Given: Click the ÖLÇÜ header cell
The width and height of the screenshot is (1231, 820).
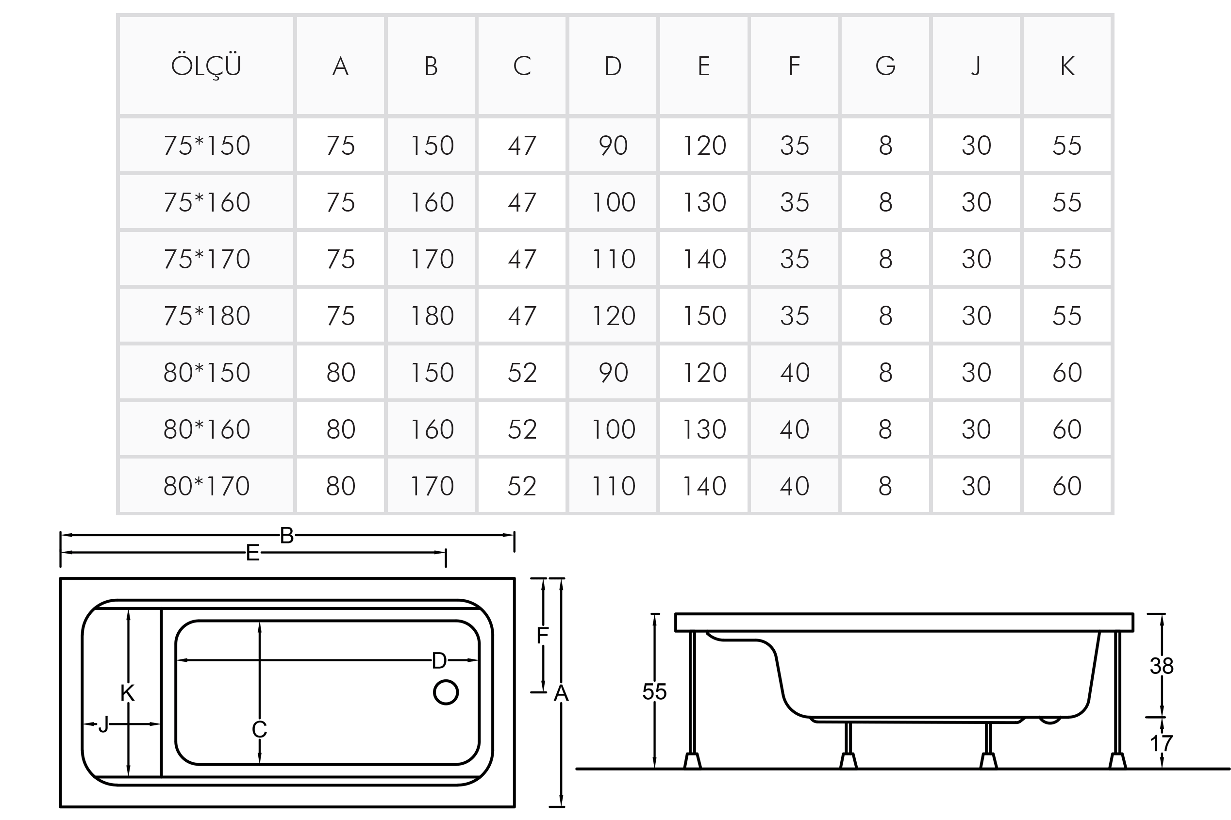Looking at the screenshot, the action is tap(206, 66).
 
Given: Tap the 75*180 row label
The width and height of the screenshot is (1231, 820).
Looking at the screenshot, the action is tap(207, 316).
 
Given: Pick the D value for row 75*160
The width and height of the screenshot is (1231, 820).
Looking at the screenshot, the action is tap(613, 202).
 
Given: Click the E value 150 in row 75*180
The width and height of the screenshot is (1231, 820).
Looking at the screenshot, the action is tap(704, 316).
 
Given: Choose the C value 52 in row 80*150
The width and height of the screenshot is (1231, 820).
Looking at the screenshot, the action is tap(522, 373).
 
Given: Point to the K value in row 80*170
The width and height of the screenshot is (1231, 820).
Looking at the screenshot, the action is tap(1067, 486).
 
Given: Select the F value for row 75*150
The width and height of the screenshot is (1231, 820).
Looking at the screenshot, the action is tap(794, 146).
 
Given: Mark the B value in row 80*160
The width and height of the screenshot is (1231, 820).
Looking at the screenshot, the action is tap(432, 429).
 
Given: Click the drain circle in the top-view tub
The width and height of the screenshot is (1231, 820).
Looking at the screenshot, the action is tap(446, 692).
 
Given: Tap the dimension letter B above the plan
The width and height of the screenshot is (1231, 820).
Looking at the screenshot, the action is tap(287, 536).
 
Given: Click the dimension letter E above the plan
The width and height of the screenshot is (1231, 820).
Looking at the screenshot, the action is tap(253, 553).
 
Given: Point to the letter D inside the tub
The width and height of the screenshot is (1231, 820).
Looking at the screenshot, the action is tap(439, 660).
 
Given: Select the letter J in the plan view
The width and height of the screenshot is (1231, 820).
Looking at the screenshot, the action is tap(103, 724).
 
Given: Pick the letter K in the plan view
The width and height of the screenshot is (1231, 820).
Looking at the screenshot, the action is tap(127, 693).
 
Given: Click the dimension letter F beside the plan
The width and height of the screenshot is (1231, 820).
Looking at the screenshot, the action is tap(543, 636).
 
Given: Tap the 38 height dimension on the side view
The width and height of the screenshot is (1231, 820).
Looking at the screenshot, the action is tap(1162, 666).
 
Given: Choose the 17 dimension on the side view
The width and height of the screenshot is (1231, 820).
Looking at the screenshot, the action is tap(1162, 743).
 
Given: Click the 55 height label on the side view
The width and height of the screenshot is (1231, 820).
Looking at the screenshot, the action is tap(654, 691).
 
